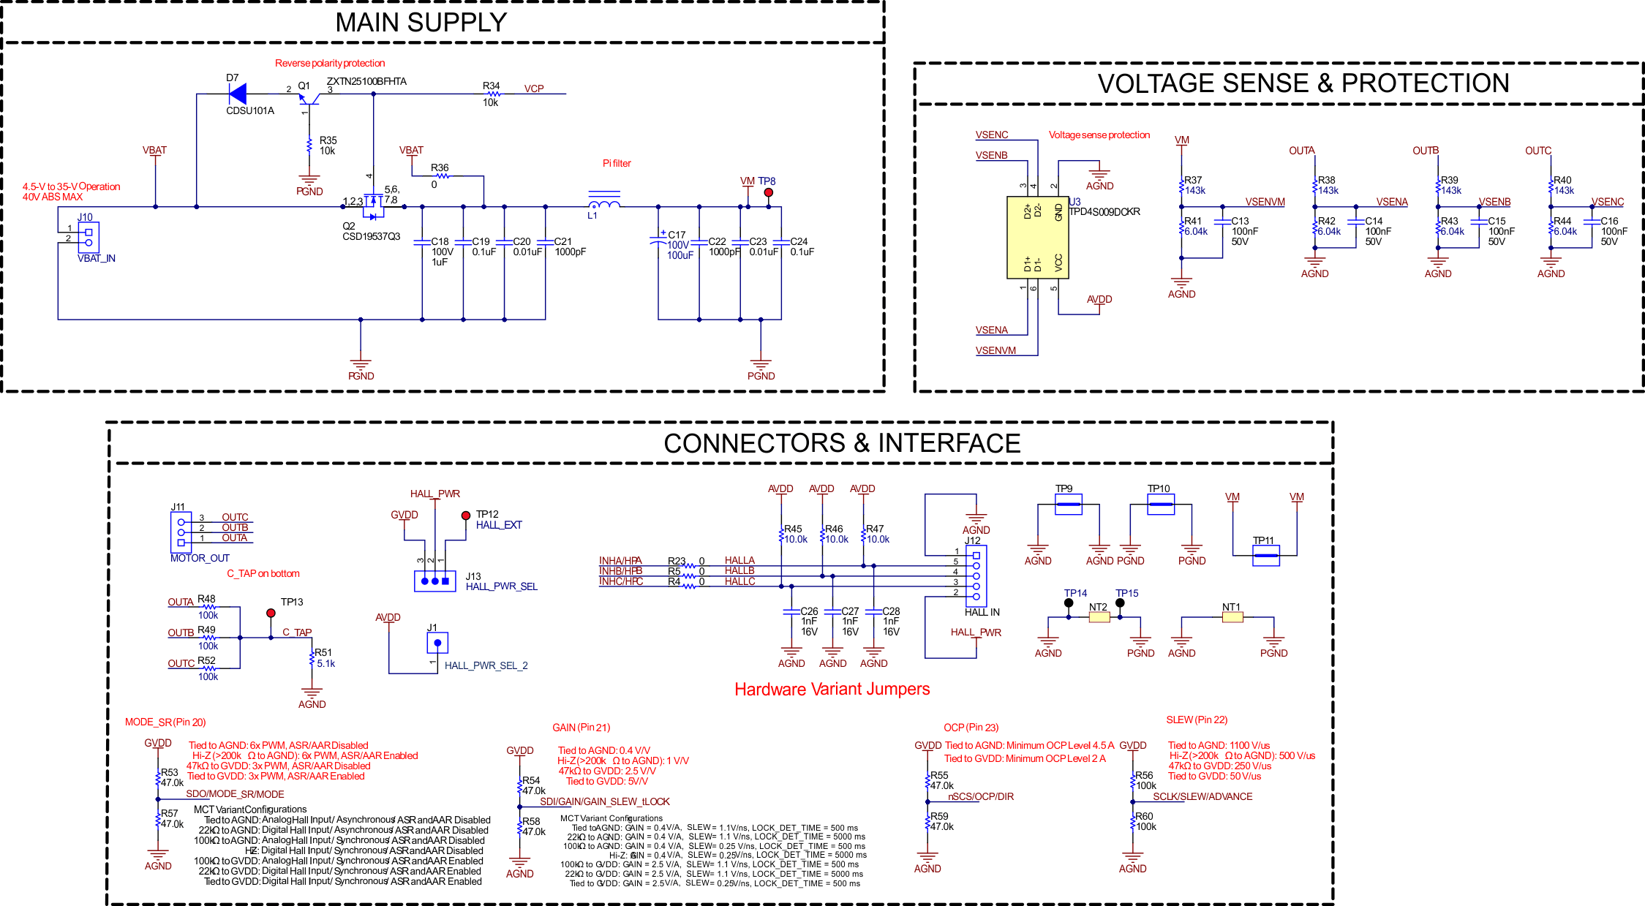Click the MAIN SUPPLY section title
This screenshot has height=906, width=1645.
(x=421, y=23)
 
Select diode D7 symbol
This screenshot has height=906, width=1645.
(x=238, y=94)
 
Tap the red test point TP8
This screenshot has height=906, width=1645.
(x=768, y=192)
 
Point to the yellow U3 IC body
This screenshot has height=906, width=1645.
(x=1037, y=238)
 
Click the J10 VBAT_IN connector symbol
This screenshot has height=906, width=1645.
(x=89, y=237)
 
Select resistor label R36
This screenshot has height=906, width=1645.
(x=440, y=167)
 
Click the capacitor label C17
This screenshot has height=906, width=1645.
(x=677, y=235)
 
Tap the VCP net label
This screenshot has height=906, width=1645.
(x=534, y=88)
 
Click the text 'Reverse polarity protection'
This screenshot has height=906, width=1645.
(x=329, y=64)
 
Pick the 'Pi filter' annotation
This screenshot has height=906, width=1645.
(x=616, y=163)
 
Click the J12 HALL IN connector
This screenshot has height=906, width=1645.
(x=976, y=575)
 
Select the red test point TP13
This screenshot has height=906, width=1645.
(x=271, y=613)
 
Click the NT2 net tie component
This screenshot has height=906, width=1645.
(x=1099, y=617)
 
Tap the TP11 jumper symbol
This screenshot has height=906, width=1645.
(x=1265, y=556)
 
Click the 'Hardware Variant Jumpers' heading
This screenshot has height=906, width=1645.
(x=832, y=689)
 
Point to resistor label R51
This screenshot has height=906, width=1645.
(x=323, y=652)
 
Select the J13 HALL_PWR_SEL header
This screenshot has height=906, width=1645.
(x=434, y=581)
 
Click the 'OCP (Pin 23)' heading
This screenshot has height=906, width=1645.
(x=971, y=727)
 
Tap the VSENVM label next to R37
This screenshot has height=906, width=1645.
(x=1265, y=202)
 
